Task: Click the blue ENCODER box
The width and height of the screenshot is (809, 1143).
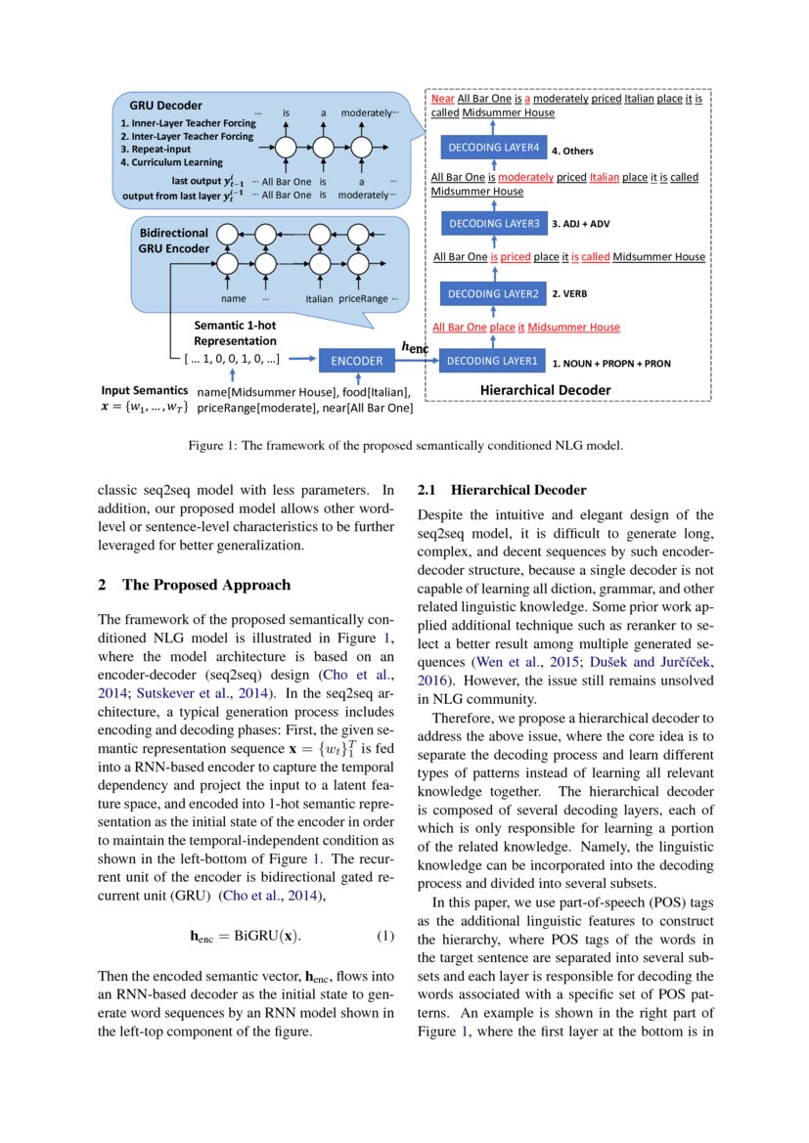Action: click(x=356, y=361)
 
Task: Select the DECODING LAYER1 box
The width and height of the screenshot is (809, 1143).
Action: click(x=492, y=361)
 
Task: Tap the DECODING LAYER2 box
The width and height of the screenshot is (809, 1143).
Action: click(x=493, y=292)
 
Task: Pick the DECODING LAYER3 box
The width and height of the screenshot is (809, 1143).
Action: click(x=493, y=224)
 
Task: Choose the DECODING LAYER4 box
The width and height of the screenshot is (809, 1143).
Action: click(x=493, y=149)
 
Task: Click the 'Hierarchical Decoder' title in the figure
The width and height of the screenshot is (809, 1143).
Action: click(x=545, y=390)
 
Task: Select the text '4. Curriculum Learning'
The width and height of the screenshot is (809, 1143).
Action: click(x=171, y=162)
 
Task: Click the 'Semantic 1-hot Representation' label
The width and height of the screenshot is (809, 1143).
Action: click(x=234, y=333)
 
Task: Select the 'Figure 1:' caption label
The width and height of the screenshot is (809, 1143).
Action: click(x=210, y=446)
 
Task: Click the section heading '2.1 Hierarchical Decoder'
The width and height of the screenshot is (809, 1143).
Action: click(x=502, y=490)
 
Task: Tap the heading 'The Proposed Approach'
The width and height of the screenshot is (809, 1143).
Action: click(x=206, y=586)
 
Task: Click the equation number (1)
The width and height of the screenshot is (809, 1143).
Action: click(x=384, y=936)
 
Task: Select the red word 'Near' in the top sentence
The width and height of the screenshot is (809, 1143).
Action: click(x=442, y=99)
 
